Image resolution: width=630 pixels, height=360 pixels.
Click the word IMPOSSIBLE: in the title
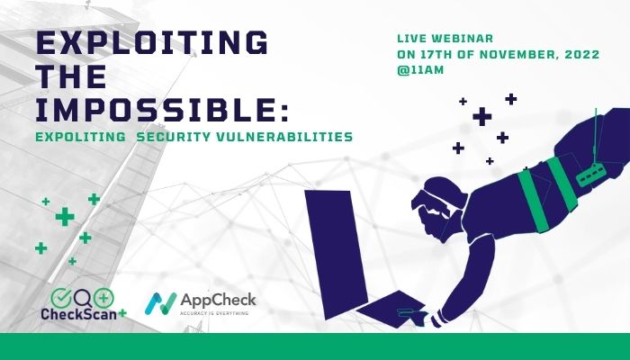coord(162,110)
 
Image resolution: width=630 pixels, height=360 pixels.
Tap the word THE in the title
coord(71,76)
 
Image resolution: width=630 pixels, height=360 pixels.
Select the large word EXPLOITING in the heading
coord(152,42)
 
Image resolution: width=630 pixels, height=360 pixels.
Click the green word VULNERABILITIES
coord(284,137)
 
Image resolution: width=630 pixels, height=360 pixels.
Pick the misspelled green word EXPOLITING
coord(80,137)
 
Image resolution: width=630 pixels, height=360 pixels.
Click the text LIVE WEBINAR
coord(445,39)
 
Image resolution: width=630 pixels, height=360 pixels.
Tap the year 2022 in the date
coord(582,54)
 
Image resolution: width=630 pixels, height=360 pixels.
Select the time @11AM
coord(420,70)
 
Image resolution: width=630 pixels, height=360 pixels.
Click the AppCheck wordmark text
coord(218,300)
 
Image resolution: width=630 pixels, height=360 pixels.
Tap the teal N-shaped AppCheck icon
coord(160,303)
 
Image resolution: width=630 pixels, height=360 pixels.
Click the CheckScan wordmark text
coord(79,314)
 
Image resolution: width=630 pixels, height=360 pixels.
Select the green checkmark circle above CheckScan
coord(61,298)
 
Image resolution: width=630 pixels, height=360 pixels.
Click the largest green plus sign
coord(65,217)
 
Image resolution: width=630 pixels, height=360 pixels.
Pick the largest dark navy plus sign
coord(482,116)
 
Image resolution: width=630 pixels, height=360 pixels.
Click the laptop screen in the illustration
coord(337,254)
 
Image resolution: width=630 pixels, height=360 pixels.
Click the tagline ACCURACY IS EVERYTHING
coord(214,312)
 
